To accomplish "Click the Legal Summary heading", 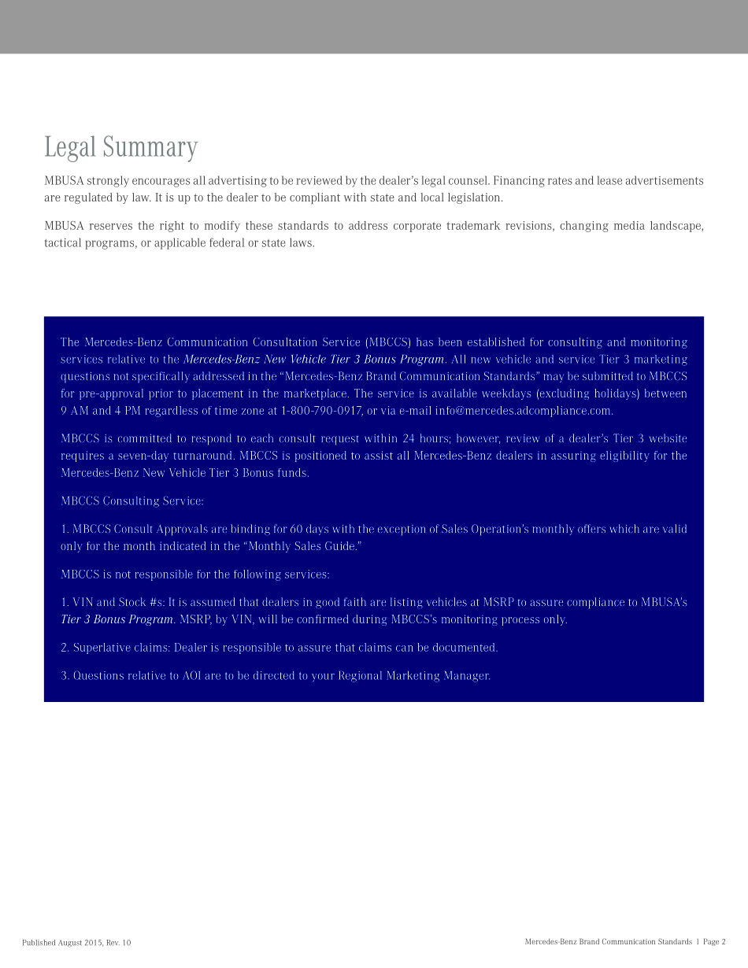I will coord(120,147).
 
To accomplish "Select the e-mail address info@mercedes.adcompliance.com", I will coord(524,411).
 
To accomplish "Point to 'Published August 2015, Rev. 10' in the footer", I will coord(76,942).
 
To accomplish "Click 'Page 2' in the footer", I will coord(714,942).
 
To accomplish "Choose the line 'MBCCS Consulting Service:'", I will coord(131,501).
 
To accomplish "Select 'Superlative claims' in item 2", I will coord(119,648).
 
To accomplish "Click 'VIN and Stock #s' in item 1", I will coord(117,602).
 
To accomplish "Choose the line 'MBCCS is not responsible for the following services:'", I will coord(194,575).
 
